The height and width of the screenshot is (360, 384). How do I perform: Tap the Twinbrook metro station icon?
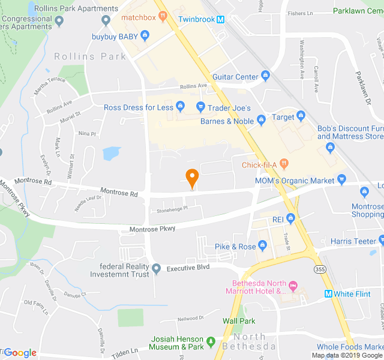pos(220,19)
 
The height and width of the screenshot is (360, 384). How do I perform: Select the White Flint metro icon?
pos(328,293)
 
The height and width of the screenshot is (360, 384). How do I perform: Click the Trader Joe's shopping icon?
pos(200,108)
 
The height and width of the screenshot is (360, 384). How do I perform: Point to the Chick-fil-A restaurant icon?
pos(284,165)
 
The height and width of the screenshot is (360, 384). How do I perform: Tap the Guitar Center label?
pos(235,77)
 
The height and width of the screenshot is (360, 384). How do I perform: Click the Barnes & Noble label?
pos(227,121)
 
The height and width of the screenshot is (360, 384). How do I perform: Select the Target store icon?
pos(301,117)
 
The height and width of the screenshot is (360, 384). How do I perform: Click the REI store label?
pos(278,220)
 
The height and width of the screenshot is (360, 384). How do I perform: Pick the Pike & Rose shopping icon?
pos(262,247)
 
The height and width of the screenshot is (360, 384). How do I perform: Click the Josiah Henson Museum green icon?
pos(211,343)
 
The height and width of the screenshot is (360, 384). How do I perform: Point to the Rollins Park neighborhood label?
pos(90,56)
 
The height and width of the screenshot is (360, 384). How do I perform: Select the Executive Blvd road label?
pos(188,267)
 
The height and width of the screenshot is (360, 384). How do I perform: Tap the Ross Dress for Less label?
pos(139,108)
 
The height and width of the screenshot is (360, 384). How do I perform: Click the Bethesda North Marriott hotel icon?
pos(293,284)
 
